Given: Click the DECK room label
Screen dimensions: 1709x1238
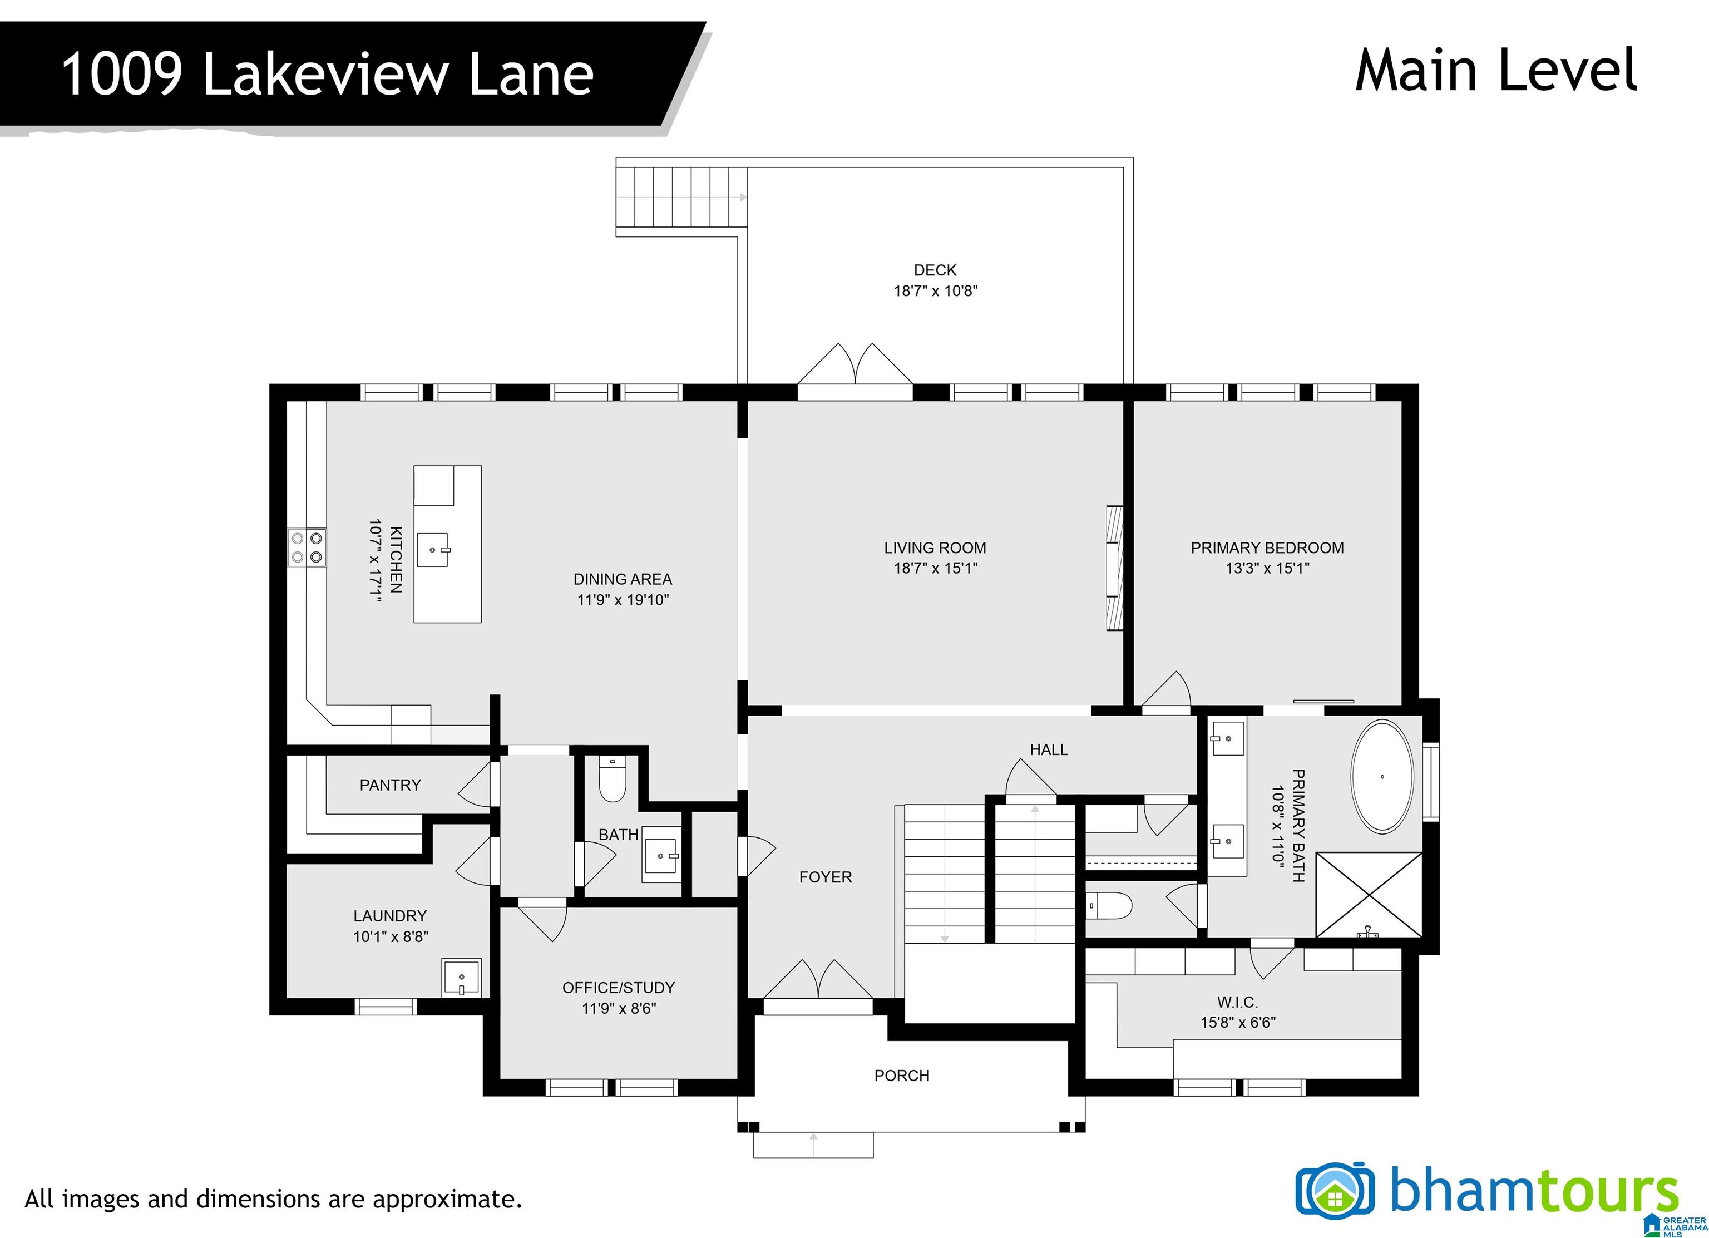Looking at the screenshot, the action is click(935, 270).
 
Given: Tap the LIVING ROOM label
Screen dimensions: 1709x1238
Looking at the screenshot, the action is click(935, 548).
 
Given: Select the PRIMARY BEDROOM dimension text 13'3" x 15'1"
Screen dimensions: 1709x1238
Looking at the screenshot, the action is click(1267, 568).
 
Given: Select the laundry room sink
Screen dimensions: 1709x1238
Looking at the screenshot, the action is click(461, 978).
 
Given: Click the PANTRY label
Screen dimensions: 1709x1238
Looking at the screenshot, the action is click(391, 785).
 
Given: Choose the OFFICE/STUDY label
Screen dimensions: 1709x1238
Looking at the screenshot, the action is click(619, 988).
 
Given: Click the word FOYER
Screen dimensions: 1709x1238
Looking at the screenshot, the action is click(826, 877).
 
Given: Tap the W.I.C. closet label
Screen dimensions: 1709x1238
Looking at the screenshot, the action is click(1237, 1002).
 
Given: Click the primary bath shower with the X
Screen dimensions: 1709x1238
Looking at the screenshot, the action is click(1369, 895).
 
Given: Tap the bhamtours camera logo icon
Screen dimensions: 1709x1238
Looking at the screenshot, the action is click(1335, 1192).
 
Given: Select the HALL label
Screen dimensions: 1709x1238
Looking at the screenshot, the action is click(1049, 749).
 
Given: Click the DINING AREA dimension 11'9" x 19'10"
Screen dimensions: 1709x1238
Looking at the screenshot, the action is click(623, 600).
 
